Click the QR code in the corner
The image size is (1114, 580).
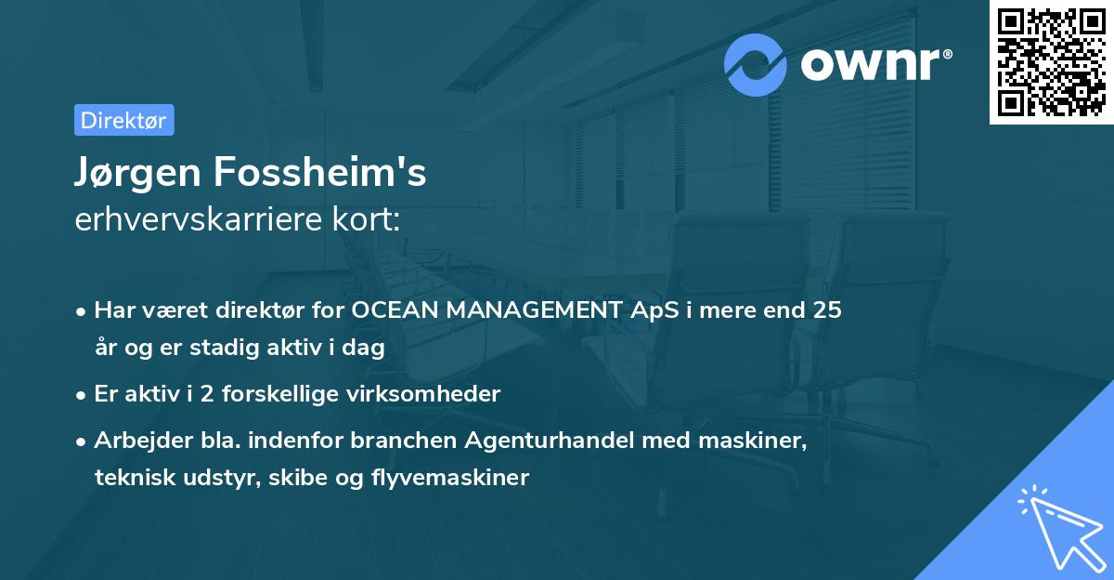point(1051,62)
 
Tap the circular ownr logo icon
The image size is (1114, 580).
point(756,64)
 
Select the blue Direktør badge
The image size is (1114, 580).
point(123,120)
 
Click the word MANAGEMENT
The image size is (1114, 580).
point(532,310)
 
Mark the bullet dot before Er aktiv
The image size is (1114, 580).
point(82,395)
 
